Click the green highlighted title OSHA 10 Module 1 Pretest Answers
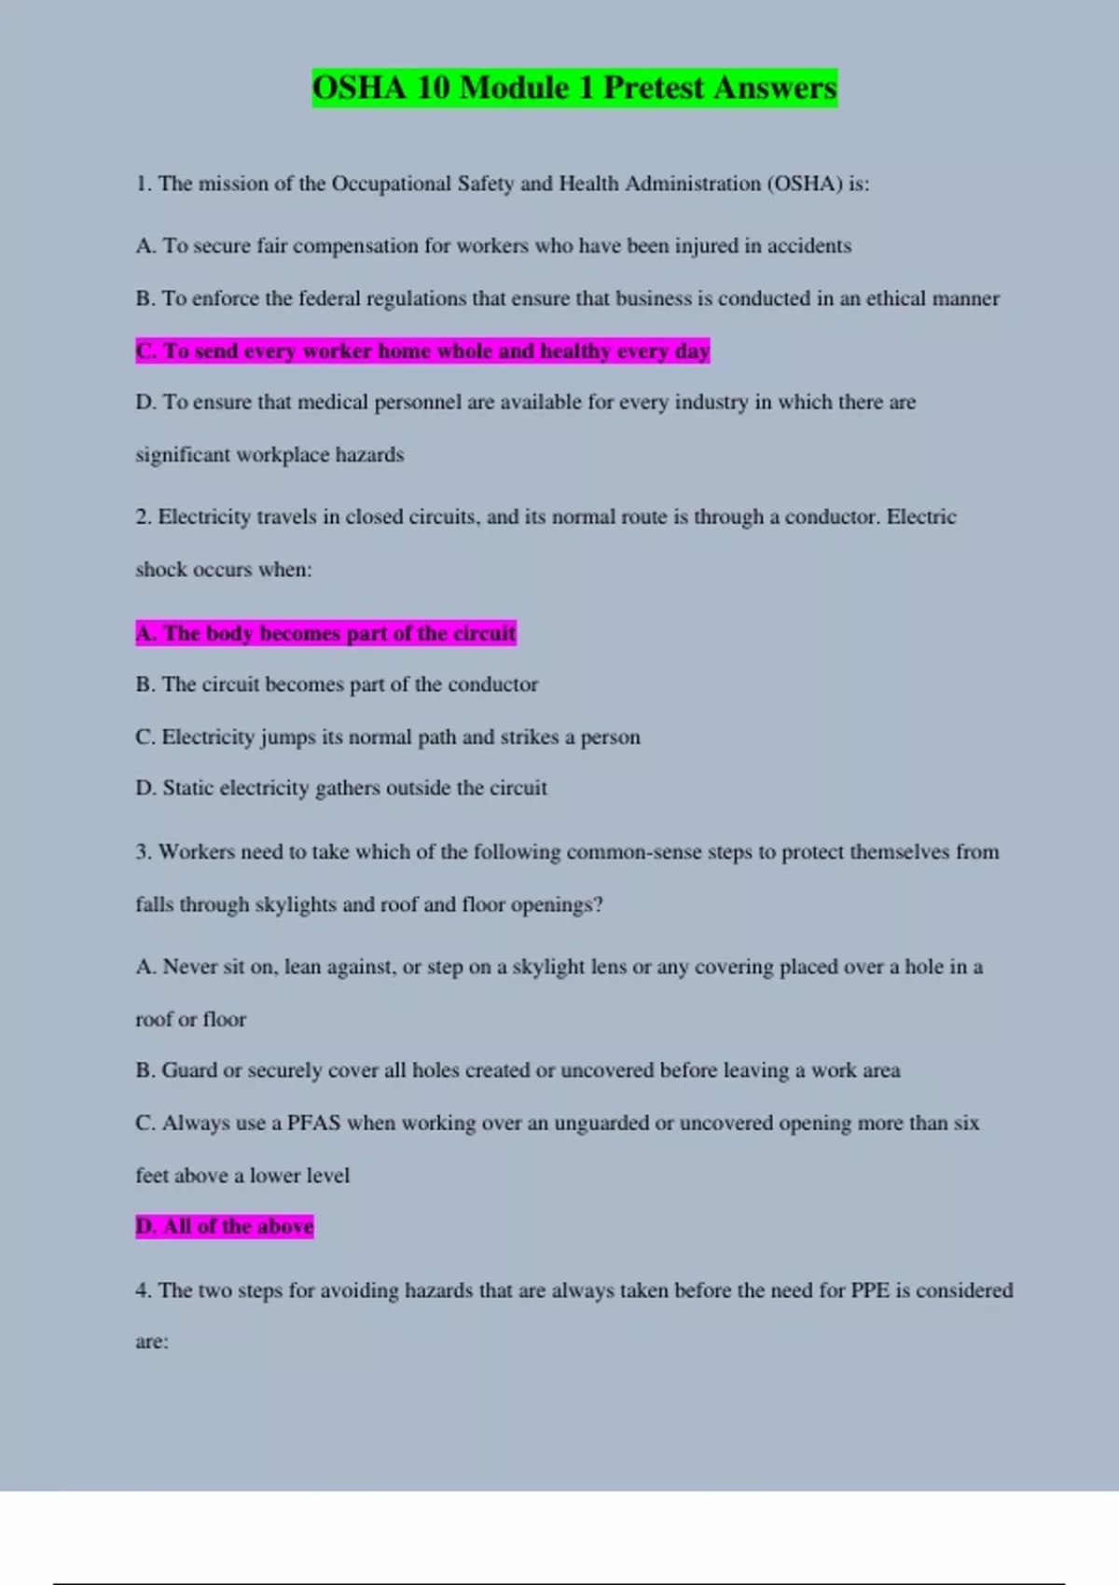574,88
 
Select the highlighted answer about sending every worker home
422,351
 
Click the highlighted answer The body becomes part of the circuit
325,633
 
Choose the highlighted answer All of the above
225,1226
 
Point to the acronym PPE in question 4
870,1290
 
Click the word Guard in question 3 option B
189,1070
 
